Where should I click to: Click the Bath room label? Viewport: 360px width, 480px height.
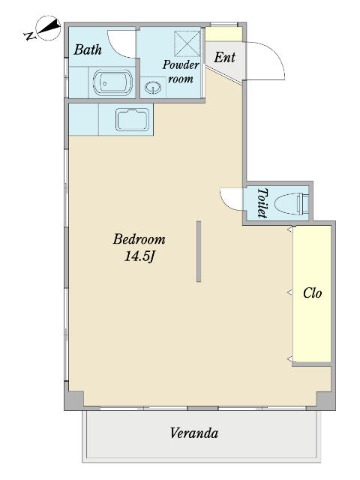(x=88, y=49)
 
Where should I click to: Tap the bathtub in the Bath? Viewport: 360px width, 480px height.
(x=112, y=82)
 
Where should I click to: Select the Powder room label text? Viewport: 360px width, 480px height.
(x=181, y=72)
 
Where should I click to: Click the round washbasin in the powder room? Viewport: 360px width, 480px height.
(x=153, y=88)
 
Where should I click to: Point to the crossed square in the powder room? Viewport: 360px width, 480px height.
(x=187, y=43)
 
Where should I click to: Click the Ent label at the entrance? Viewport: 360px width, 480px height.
(x=224, y=57)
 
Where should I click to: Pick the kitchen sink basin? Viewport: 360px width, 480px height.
(x=133, y=119)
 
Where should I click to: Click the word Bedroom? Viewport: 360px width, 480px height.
(x=139, y=239)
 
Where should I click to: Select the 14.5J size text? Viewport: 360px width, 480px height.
(x=140, y=256)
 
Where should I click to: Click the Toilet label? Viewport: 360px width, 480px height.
(x=262, y=202)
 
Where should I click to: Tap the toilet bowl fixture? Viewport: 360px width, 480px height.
(x=291, y=203)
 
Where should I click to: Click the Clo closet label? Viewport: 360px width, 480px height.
(x=312, y=293)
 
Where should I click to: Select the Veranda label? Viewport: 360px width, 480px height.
(x=194, y=433)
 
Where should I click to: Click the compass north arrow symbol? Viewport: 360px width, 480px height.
(x=48, y=28)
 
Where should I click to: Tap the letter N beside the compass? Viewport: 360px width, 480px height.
(x=29, y=35)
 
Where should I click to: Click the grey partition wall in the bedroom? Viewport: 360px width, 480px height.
(x=199, y=251)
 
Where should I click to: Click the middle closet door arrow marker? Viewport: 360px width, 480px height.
(x=289, y=292)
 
